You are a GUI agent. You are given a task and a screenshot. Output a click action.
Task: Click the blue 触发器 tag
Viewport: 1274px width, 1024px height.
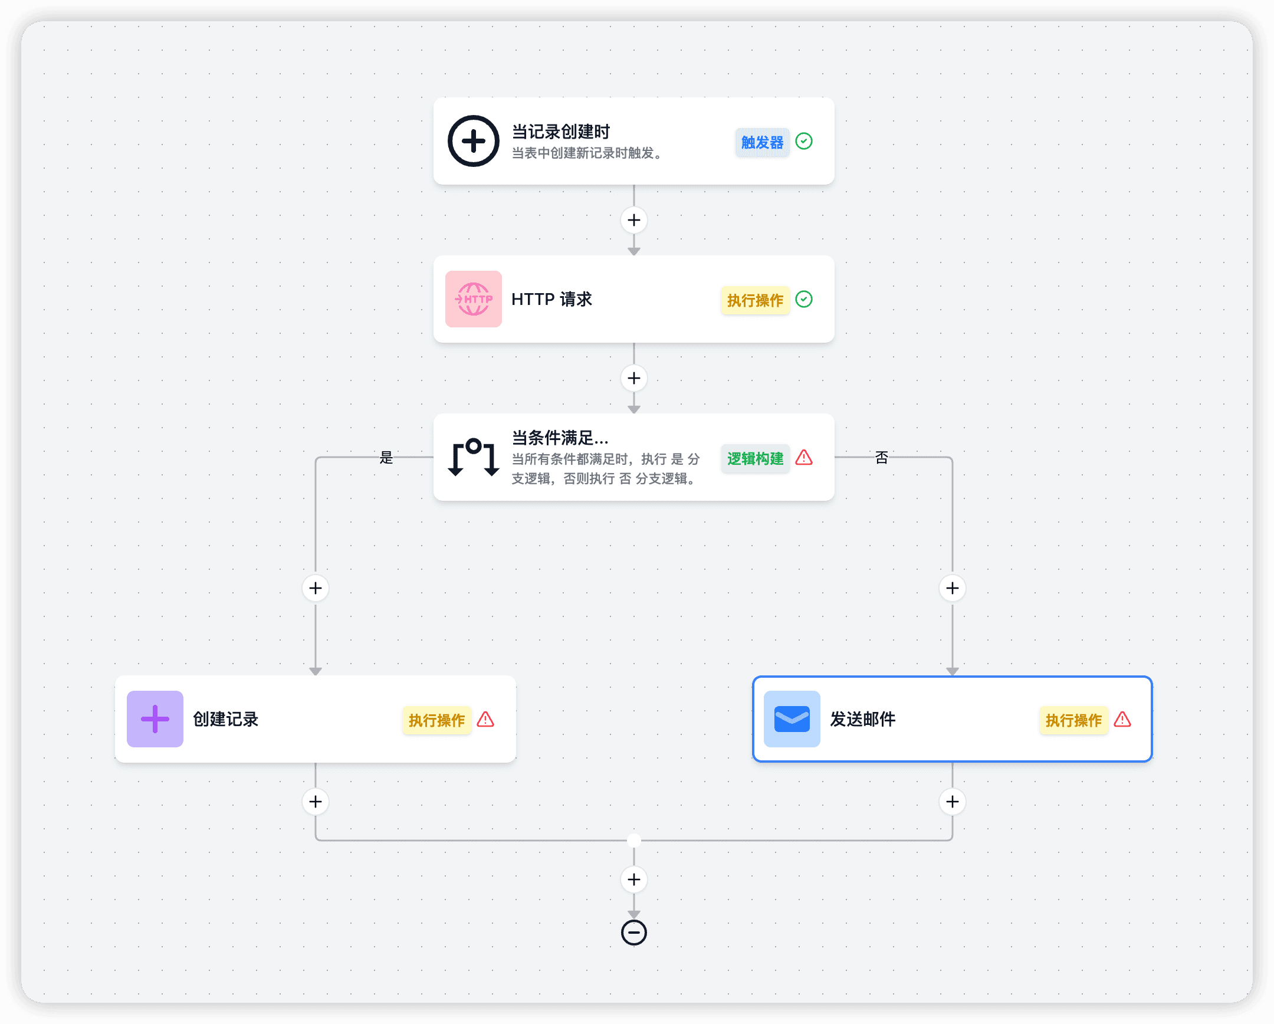click(x=761, y=142)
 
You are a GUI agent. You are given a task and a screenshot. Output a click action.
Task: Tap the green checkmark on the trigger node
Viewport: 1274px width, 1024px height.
click(x=804, y=141)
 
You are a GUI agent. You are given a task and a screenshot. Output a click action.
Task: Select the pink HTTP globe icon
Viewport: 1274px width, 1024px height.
click(x=473, y=299)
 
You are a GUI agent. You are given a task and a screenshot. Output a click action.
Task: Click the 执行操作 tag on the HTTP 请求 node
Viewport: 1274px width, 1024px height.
click(x=754, y=300)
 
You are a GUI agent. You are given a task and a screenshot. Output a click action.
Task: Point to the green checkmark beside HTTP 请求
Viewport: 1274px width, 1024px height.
click(x=804, y=299)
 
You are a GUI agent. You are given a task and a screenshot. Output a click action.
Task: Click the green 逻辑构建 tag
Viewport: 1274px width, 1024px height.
click(x=754, y=458)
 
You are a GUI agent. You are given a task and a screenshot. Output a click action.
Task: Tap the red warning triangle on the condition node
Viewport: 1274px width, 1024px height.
click(x=804, y=457)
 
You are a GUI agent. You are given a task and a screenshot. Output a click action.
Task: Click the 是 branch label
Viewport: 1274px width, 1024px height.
click(x=386, y=457)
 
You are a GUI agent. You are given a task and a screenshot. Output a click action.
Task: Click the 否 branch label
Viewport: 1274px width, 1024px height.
click(x=881, y=457)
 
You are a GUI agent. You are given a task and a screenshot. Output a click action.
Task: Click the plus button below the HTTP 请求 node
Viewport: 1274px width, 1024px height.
click(x=634, y=378)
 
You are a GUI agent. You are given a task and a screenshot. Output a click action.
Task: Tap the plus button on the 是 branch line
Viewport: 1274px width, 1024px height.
click(x=316, y=588)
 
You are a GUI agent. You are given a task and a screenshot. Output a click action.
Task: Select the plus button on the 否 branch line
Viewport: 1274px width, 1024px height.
click(x=953, y=588)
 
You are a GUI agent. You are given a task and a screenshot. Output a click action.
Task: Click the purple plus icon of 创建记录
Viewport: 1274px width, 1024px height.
click(x=155, y=719)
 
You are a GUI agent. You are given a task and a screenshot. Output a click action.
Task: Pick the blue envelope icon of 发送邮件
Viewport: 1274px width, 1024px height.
click(x=792, y=719)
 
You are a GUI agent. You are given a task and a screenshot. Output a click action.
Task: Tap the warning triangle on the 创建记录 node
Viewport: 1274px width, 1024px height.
click(x=485, y=719)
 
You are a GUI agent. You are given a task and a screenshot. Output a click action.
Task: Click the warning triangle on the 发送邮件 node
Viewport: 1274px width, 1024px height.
click(x=1122, y=719)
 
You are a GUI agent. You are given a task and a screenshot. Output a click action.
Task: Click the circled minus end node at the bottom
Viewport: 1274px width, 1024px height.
click(x=634, y=933)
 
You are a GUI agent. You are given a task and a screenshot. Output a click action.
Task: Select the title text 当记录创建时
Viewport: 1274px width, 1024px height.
click(x=560, y=131)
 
